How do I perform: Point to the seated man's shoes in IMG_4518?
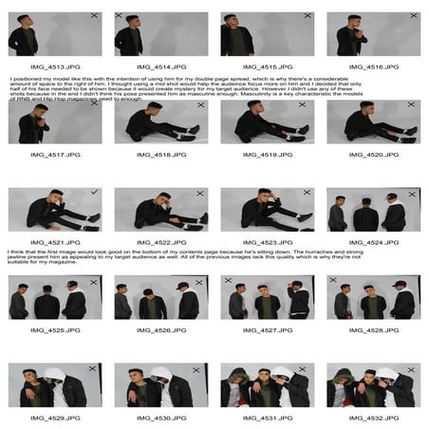pos(194,129)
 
